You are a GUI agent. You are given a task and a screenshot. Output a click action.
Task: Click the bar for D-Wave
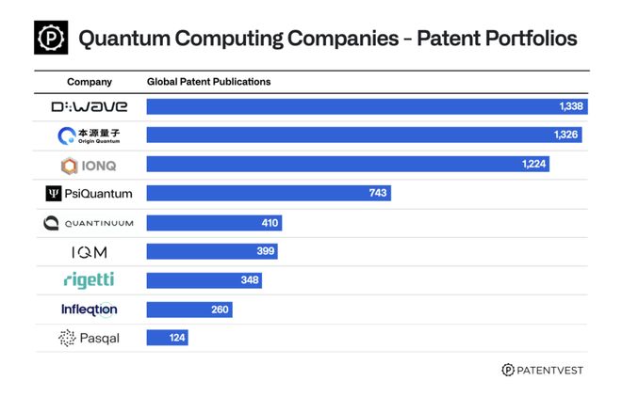368,106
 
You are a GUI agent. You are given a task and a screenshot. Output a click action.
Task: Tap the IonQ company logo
90,165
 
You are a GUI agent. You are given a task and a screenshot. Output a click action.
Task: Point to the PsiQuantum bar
269,193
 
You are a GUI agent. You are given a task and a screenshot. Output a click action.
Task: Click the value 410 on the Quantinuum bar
268,223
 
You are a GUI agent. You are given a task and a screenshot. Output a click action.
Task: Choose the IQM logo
90,252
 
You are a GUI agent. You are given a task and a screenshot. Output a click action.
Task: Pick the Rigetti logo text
90,280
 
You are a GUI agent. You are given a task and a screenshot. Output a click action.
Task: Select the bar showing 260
189,310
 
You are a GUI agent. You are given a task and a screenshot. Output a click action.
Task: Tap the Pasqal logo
90,338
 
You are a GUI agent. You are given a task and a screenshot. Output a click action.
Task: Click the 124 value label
175,338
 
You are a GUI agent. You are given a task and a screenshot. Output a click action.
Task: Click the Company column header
90,82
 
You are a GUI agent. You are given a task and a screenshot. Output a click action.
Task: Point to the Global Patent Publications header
208,82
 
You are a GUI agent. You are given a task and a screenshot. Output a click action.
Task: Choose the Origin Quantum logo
90,135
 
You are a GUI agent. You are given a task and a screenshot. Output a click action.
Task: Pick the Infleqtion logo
90,310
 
